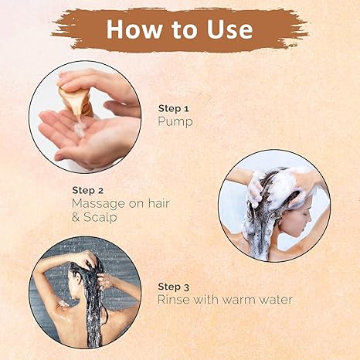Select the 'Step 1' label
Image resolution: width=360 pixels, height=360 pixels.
point(174,109)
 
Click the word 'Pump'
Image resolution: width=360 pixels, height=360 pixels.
point(175,121)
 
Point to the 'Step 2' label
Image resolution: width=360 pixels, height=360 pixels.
point(88,191)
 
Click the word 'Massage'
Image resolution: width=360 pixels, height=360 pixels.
point(98,204)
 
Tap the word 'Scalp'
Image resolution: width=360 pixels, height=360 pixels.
point(100,217)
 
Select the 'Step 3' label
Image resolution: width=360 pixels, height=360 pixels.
point(174,287)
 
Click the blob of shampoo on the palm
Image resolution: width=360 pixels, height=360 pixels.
point(80,128)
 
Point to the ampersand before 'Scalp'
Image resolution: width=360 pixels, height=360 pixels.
point(76,217)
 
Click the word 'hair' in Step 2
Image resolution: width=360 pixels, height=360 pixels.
point(158,203)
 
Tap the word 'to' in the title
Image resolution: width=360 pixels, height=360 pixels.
point(184,29)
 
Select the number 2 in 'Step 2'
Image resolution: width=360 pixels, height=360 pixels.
point(100,191)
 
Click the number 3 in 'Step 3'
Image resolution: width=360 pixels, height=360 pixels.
point(186,287)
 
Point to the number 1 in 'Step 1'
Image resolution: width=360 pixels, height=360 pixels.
point(187,109)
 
